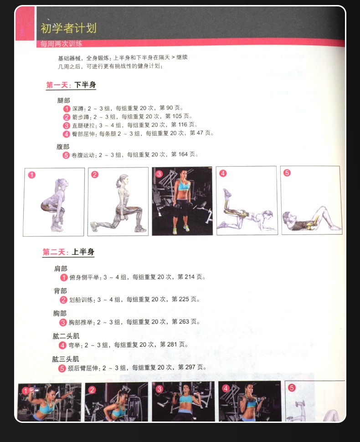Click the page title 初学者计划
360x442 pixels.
click(x=68, y=28)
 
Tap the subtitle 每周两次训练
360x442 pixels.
click(x=61, y=44)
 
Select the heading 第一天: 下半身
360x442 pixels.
click(x=71, y=85)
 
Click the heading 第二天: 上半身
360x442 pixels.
click(x=68, y=252)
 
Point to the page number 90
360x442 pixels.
click(x=170, y=108)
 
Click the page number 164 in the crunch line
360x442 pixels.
click(x=183, y=154)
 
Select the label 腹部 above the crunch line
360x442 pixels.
click(x=62, y=147)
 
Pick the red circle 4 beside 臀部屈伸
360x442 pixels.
click(x=66, y=134)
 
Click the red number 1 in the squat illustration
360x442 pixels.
click(x=32, y=175)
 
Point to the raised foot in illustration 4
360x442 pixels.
click(x=227, y=193)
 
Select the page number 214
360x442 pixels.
click(x=190, y=277)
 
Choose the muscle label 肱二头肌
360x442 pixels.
click(x=66, y=336)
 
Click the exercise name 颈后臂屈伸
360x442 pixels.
click(x=84, y=368)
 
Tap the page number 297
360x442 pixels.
click(x=190, y=367)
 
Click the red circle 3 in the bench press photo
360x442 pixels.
click(x=159, y=389)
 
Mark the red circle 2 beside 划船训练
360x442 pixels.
click(x=63, y=300)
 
